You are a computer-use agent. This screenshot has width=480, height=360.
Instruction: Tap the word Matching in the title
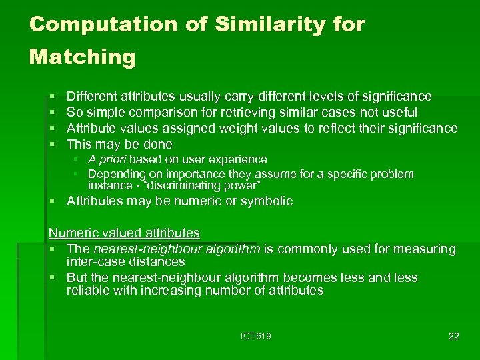(x=82, y=57)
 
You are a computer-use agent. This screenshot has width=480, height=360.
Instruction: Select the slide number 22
(x=453, y=336)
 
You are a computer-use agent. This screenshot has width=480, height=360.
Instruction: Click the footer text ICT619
(x=255, y=336)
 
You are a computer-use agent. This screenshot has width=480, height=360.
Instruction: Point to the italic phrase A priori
(x=107, y=159)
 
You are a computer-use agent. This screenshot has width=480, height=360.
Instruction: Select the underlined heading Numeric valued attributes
(x=124, y=233)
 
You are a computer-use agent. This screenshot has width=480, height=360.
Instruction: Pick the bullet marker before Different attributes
(x=52, y=97)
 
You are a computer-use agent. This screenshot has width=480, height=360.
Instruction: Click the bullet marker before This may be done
(x=52, y=145)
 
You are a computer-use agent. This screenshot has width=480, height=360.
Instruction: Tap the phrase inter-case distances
(x=125, y=262)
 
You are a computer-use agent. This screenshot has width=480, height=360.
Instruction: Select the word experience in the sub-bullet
(x=239, y=159)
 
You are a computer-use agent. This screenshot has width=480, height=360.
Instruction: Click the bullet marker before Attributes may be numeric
(x=52, y=201)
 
